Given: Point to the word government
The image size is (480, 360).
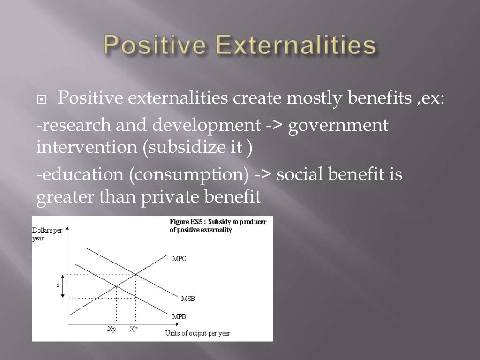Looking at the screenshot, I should tap(338, 126).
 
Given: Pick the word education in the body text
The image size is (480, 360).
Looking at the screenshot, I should tap(82, 174).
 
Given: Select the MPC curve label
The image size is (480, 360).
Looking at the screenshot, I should tap(180, 258).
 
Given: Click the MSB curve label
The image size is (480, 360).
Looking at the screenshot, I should tap(188, 299).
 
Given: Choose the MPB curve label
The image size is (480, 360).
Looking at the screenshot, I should tap(179, 316).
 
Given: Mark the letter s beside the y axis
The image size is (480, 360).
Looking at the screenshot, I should tap(58, 285).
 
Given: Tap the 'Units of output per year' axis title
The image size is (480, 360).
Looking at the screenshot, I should tap(197, 333).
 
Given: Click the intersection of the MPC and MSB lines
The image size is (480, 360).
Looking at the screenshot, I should tap(136, 274).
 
